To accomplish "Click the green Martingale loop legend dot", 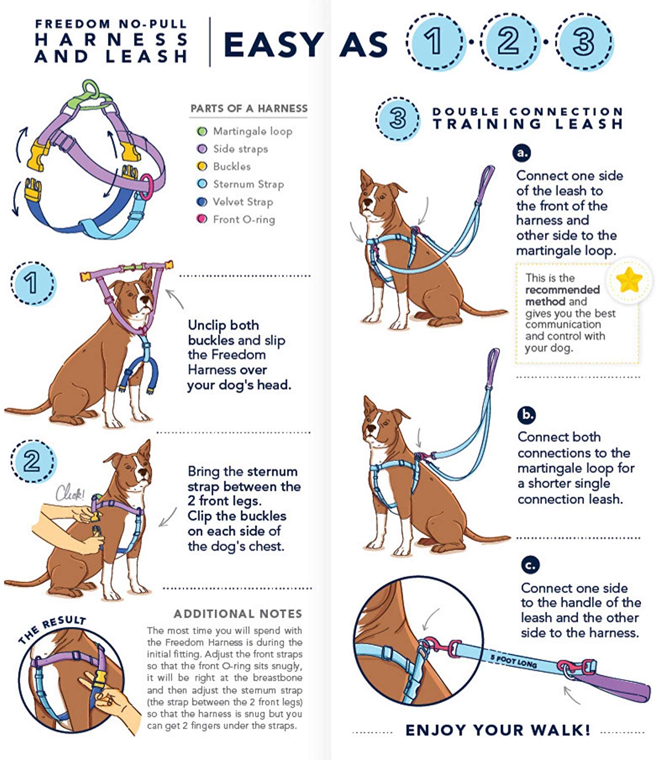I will [x=202, y=131].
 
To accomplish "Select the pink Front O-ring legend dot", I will [x=202, y=219].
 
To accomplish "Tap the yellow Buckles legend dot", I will [x=202, y=166].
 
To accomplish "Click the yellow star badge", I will [x=629, y=280].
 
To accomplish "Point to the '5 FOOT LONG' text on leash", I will [x=513, y=661].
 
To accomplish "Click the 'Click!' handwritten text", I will [x=70, y=492].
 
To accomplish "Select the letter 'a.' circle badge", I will [x=522, y=153].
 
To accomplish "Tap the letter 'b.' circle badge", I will [x=527, y=414].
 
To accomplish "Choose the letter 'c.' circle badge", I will [x=530, y=565].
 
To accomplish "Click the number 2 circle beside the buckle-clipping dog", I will [x=32, y=462].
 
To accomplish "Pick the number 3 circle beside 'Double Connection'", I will [x=398, y=119].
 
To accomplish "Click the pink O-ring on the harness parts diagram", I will [x=146, y=186].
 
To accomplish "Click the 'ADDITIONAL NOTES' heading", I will [x=238, y=614].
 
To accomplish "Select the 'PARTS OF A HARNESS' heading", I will [x=249, y=108].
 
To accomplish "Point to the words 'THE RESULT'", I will [x=52, y=629].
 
